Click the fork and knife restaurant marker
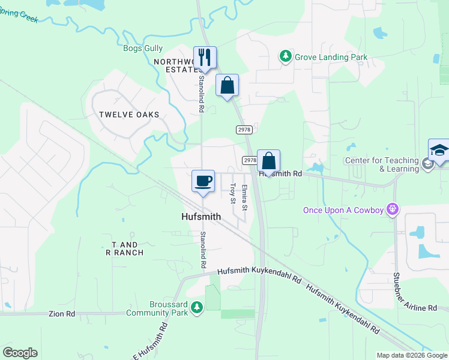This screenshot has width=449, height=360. pos(204,58)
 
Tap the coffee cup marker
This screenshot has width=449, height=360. pos(203,181)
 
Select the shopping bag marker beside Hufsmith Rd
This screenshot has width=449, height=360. pos(269,161)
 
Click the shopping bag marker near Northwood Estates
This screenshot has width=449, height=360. pos(227,85)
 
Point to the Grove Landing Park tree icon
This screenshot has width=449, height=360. pos(286,57)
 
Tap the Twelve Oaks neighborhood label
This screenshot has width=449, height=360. pos(129,115)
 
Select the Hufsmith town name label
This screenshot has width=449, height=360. pos(203,217)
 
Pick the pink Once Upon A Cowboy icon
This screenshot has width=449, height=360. pos(393,209)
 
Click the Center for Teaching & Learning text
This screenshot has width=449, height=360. pos(382,164)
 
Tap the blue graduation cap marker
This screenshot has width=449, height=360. pos(439,150)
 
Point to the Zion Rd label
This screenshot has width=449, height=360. pos(62,314)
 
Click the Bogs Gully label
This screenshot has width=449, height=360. pos(142,48)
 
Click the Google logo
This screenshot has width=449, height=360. pos(20,353)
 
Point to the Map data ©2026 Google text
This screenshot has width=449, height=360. pos(412,355)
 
